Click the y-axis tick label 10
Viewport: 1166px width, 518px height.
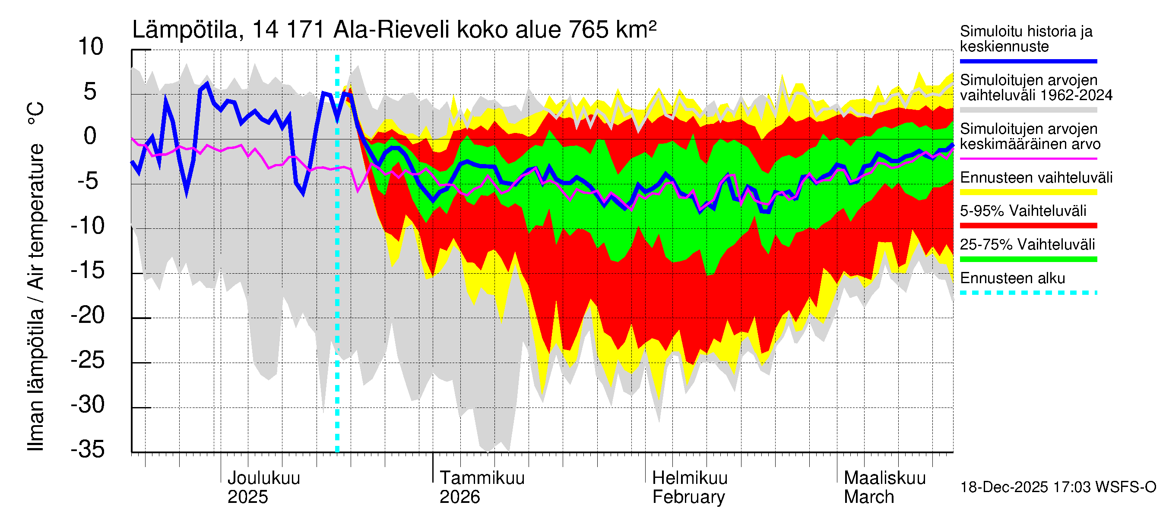(x=91, y=47)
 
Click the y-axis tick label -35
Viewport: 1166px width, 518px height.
(x=88, y=449)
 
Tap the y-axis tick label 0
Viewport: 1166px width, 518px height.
(x=90, y=136)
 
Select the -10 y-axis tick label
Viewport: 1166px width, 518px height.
(x=88, y=225)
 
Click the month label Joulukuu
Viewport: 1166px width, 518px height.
(x=263, y=478)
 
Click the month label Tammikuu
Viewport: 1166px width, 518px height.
(x=482, y=478)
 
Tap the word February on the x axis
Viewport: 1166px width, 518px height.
(x=688, y=497)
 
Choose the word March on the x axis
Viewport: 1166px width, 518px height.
(x=868, y=497)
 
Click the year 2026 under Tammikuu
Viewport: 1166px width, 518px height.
(x=459, y=497)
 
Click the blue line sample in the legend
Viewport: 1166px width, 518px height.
(x=1028, y=61)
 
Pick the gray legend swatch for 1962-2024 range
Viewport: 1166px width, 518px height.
(x=1028, y=110)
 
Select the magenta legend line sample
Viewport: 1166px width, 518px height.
(x=1028, y=159)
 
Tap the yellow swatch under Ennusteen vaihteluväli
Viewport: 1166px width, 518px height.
(x=1028, y=192)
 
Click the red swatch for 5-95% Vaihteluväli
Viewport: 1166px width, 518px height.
(x=1028, y=226)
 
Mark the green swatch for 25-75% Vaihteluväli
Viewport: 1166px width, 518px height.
(x=1028, y=259)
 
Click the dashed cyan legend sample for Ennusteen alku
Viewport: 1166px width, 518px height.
(x=1028, y=293)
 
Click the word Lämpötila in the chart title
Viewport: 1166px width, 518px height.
(x=185, y=30)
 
